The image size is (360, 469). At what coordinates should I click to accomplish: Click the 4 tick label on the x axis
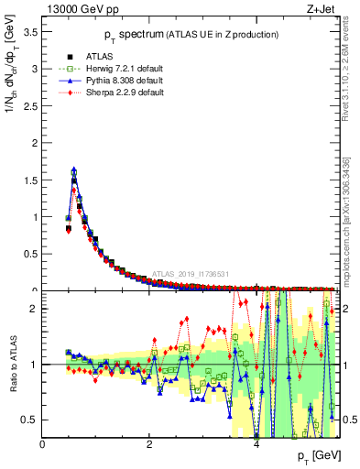pyautogui.click(x=256, y=445)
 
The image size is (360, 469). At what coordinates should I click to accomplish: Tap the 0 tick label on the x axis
pyautogui.click(x=43, y=445)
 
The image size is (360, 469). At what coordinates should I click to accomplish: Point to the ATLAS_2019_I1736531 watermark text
pyautogui.click(x=191, y=274)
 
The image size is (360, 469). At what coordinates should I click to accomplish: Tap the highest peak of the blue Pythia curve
pyautogui.click(x=73, y=169)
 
